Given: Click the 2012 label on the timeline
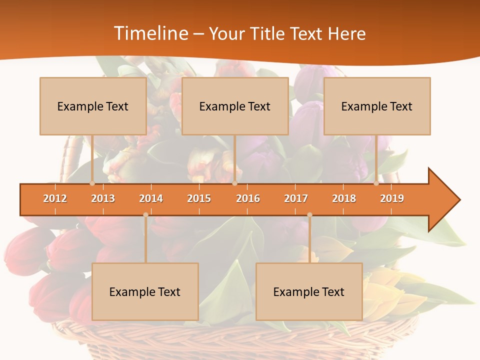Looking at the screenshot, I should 55,198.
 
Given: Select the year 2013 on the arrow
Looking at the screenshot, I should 103,198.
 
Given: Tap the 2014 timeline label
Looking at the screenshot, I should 151,198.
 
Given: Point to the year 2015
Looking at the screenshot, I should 199,198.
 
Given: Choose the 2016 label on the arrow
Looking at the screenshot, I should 248,198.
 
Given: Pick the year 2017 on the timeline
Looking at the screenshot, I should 296,198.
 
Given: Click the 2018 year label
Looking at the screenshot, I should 344,198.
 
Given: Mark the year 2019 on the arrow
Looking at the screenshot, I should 392,198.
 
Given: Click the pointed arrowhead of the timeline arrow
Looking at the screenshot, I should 445,200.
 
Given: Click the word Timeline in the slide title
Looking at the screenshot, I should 150,33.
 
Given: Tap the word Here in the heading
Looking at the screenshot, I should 346,33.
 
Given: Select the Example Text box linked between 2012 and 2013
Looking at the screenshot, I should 93,106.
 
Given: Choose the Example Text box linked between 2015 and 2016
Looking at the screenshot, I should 235,106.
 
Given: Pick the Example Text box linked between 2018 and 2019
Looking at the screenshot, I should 377,106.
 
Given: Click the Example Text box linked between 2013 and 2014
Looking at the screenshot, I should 145,291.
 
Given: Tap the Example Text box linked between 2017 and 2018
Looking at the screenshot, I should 309,291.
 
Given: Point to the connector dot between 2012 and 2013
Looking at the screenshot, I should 92,183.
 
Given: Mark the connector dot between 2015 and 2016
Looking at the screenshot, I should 234,183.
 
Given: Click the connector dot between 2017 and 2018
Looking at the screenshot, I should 309,215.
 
